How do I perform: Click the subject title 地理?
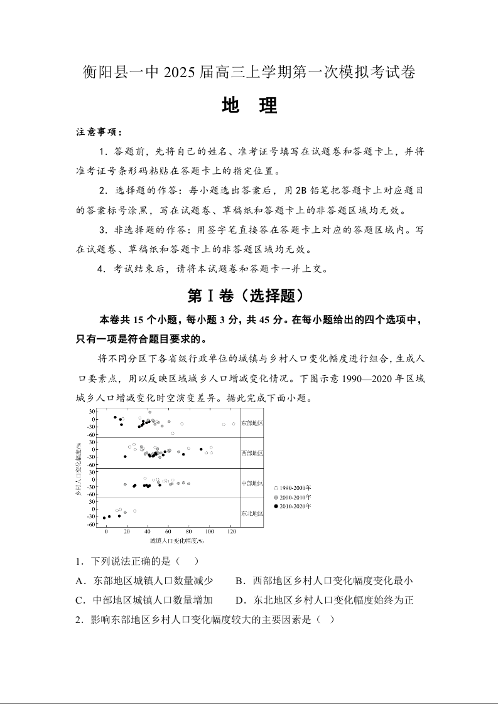(249, 106)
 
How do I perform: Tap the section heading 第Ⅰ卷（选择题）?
(249, 296)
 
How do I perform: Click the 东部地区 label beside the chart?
(252, 423)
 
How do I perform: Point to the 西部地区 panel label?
(252, 452)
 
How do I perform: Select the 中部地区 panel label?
(252, 483)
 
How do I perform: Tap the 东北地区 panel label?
(252, 513)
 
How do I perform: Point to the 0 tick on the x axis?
(107, 531)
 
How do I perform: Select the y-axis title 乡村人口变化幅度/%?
(79, 468)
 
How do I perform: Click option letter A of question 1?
(79, 581)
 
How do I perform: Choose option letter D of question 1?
(239, 600)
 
